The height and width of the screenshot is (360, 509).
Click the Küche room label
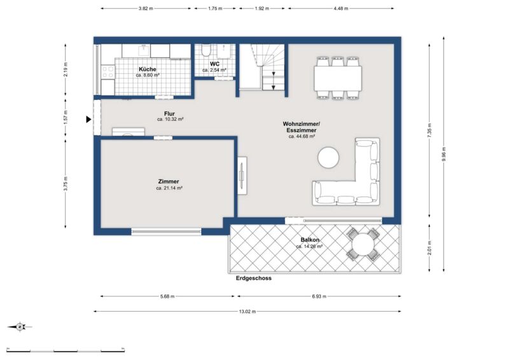pos(148,69)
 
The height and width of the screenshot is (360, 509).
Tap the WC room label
pos(214,64)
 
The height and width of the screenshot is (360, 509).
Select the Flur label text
pos(169,114)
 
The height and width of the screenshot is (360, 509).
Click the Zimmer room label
pos(169,181)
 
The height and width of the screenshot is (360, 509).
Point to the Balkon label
pos(310,240)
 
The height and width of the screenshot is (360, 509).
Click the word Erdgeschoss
pos(254,278)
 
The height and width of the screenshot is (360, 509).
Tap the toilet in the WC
pos(206,50)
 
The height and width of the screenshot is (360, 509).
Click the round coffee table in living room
pos(328,158)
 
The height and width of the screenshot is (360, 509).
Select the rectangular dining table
pos(338,79)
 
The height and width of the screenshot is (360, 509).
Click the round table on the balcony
pos(363,244)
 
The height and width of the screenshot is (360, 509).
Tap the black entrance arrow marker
pos(88,120)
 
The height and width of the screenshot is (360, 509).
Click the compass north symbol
pos(20,326)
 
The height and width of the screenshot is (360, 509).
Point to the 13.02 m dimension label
pos(248,312)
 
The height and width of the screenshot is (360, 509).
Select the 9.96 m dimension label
pos(443,155)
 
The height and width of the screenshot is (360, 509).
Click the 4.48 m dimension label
pos(341,9)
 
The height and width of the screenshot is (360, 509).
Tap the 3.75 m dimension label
pos(66,184)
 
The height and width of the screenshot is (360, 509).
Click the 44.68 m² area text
pos(302,137)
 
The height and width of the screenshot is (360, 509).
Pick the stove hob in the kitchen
pos(108,72)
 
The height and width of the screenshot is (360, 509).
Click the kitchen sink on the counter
pos(144,51)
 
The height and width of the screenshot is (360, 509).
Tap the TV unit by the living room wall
pos(242,176)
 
